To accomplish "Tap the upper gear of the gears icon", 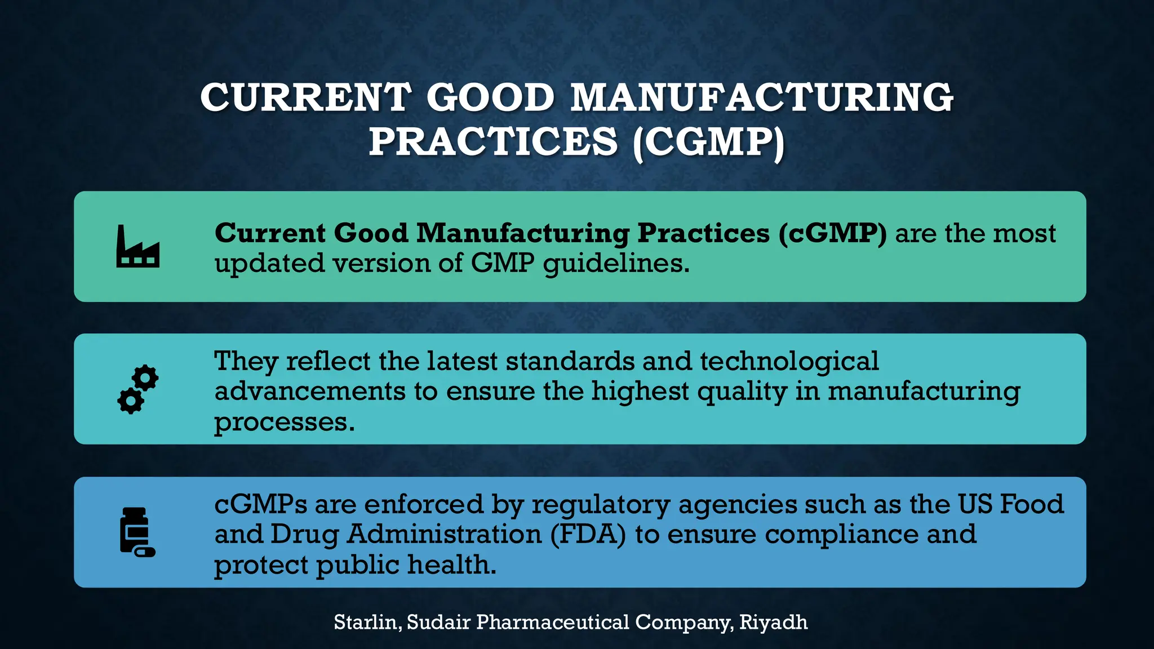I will (x=146, y=377).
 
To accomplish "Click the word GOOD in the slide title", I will (x=490, y=97).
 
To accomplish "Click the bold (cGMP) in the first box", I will (x=833, y=233).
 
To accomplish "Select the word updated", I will (x=269, y=264).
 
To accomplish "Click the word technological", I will (x=789, y=361).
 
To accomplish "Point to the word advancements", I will (x=310, y=391).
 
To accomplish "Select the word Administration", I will (x=444, y=534).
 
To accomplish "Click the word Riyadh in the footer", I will (x=773, y=622).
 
